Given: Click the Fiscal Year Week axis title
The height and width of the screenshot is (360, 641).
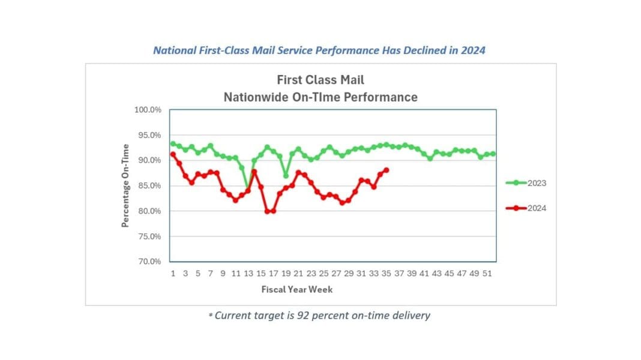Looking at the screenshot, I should pos(296,289).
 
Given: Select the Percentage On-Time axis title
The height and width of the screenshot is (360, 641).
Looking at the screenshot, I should pos(125,185).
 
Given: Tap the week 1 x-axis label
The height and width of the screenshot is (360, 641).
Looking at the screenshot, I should pos(173,274).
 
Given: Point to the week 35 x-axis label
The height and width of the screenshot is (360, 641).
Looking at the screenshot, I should pos(387,274).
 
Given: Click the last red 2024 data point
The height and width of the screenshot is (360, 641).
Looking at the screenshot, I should pos(386,170).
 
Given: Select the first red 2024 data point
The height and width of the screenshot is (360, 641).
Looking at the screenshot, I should pos(173,154).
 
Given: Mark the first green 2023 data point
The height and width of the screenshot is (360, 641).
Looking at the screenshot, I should pos(173,143).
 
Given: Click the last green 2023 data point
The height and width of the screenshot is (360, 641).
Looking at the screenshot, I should pos(493,154).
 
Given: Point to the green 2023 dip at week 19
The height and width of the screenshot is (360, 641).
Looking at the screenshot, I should pos(286,175).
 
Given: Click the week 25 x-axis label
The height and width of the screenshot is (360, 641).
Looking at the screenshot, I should pos(324,274).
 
